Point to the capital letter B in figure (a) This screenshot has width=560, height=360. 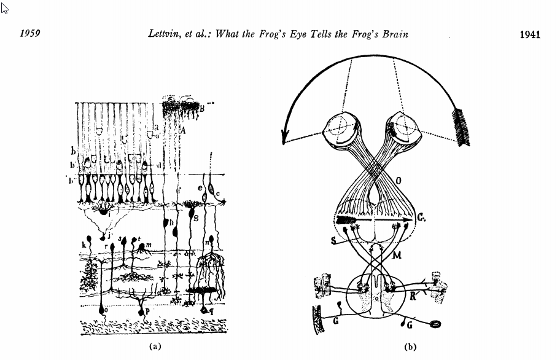[x=201, y=109]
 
